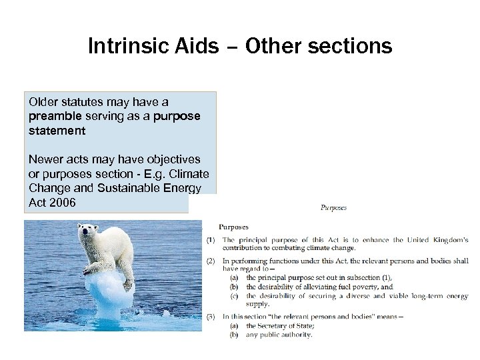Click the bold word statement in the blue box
pyautogui.click(x=57, y=131)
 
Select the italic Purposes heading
pyautogui.click(x=333, y=207)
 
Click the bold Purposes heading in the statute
pyautogui.click(x=234, y=227)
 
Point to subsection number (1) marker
pyautogui.click(x=211, y=240)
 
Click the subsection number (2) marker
pyautogui.click(x=211, y=261)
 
